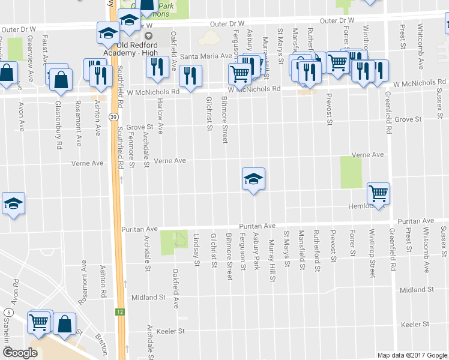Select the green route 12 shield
tap(120, 312)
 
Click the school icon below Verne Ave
tap(253, 178)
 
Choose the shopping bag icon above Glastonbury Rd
tap(61, 79)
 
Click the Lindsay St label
tap(196, 248)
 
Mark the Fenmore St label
tap(131, 147)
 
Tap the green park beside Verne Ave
tap(351, 172)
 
